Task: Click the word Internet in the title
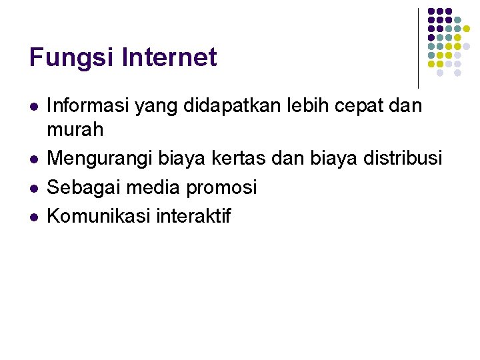pos(170,57)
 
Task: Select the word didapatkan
pos(230,105)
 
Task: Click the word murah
pos(75,129)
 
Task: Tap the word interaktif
pos(195,215)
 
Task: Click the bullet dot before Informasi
pos(33,106)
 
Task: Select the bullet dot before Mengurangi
pos(33,159)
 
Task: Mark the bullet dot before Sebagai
pos(33,188)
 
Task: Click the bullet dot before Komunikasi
pos(33,216)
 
